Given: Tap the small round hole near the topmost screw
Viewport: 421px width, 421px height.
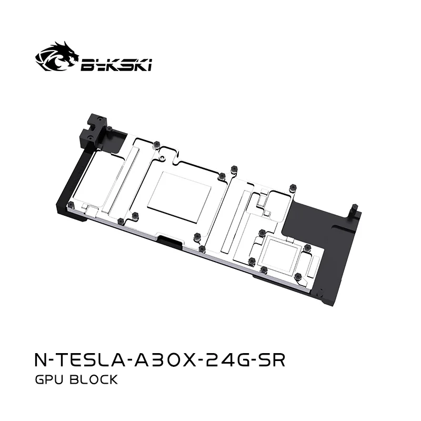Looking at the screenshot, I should (164, 157).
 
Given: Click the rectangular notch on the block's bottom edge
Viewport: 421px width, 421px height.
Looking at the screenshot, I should (171, 244).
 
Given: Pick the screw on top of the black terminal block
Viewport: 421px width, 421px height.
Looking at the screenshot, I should (108, 128).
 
